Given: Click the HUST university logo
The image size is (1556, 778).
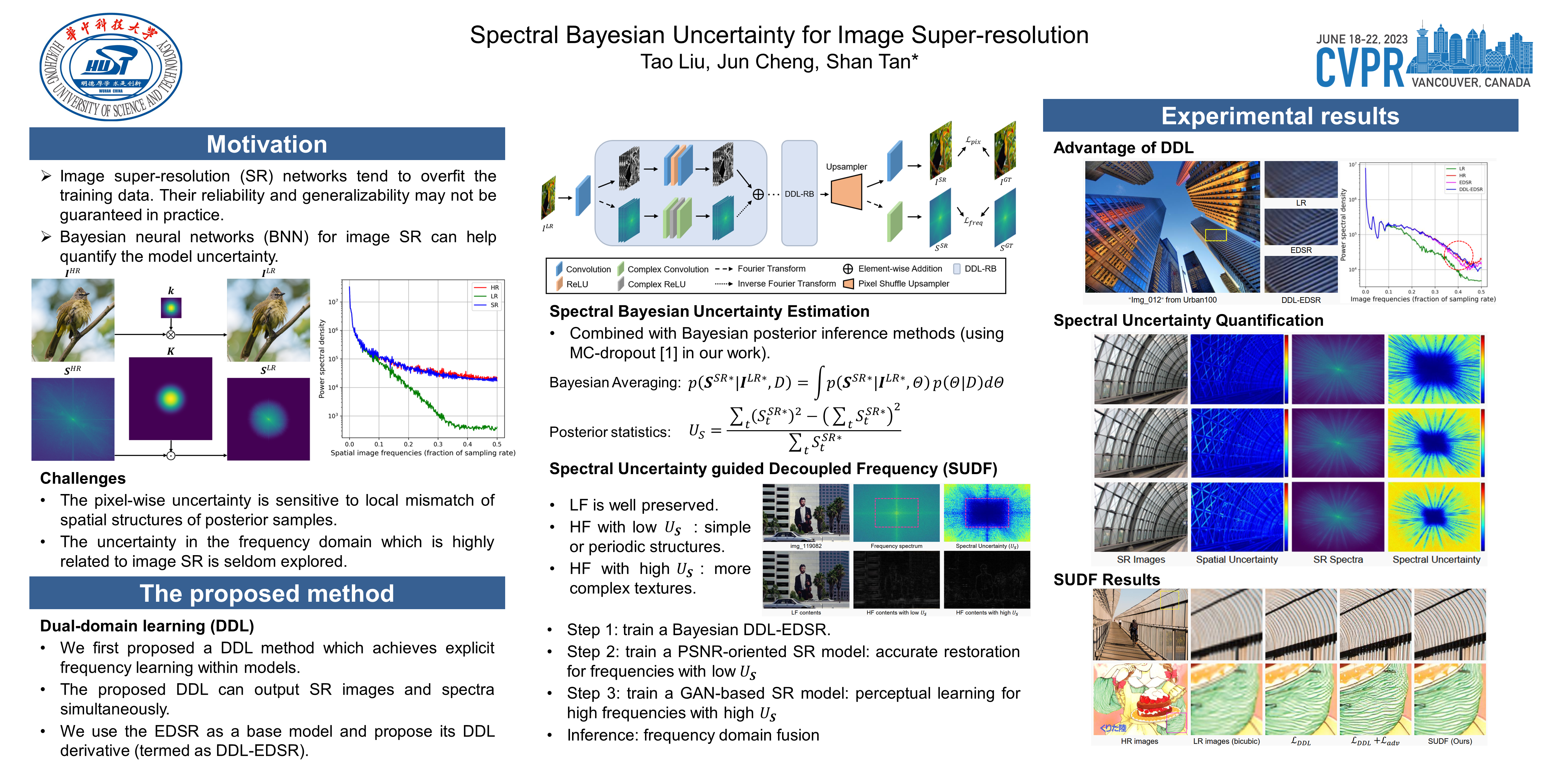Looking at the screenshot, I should click(110, 67).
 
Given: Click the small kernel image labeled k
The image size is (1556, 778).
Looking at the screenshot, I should click(171, 308).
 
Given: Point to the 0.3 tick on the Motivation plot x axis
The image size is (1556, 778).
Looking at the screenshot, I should click(438, 444).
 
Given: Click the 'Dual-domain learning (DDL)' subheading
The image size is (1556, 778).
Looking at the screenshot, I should click(147, 626).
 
